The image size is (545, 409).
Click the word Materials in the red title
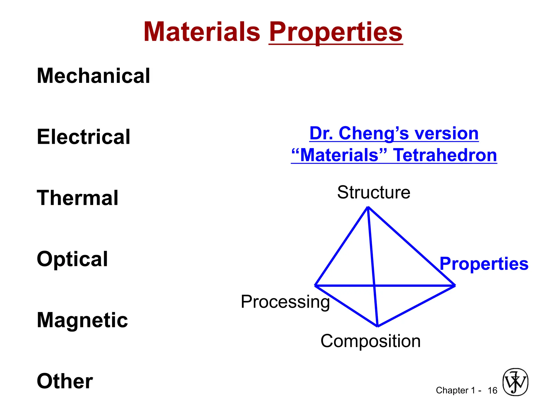pyautogui.click(x=202, y=32)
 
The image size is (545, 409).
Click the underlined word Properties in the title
pyautogui.click(x=336, y=32)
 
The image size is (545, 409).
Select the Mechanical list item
pyautogui.click(x=93, y=76)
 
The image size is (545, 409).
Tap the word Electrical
pyautogui.click(x=84, y=137)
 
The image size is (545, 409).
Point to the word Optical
pyautogui.click(x=72, y=259)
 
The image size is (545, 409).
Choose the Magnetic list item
pyautogui.click(x=82, y=320)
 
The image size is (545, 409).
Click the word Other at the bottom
pyautogui.click(x=65, y=381)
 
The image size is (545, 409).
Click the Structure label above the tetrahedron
pyautogui.click(x=374, y=192)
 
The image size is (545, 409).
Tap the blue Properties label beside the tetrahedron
pyautogui.click(x=484, y=264)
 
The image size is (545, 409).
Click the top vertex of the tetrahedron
pyautogui.click(x=368, y=207)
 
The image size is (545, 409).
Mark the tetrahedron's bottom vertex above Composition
pyautogui.click(x=377, y=326)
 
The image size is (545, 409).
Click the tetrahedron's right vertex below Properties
pyautogui.click(x=455, y=285)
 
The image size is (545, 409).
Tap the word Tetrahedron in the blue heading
pyautogui.click(x=445, y=155)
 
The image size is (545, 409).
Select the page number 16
pyautogui.click(x=492, y=390)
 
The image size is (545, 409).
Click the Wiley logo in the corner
pyautogui.click(x=515, y=382)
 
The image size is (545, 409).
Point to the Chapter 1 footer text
pyautogui.click(x=456, y=390)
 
